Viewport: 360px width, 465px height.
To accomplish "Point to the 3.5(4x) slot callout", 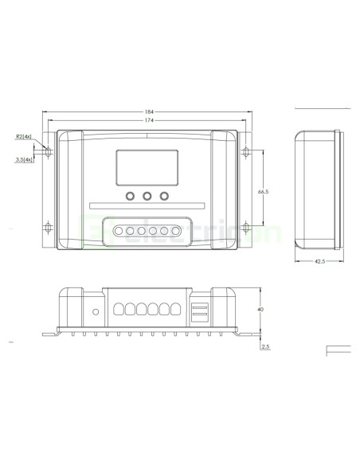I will (x=24, y=160).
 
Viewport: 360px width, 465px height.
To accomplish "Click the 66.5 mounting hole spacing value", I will (x=262, y=192).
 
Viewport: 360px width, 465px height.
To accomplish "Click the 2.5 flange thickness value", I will (x=265, y=346).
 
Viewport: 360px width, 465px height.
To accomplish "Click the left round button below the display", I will (x=128, y=196).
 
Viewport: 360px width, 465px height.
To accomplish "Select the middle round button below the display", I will (x=147, y=196).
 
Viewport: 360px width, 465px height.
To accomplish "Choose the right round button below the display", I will (x=165, y=196).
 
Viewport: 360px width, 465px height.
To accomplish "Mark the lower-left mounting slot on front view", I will (x=48, y=229).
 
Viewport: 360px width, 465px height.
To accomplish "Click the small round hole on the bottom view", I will (x=96, y=311).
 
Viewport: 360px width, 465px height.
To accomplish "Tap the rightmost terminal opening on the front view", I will (x=175, y=232).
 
